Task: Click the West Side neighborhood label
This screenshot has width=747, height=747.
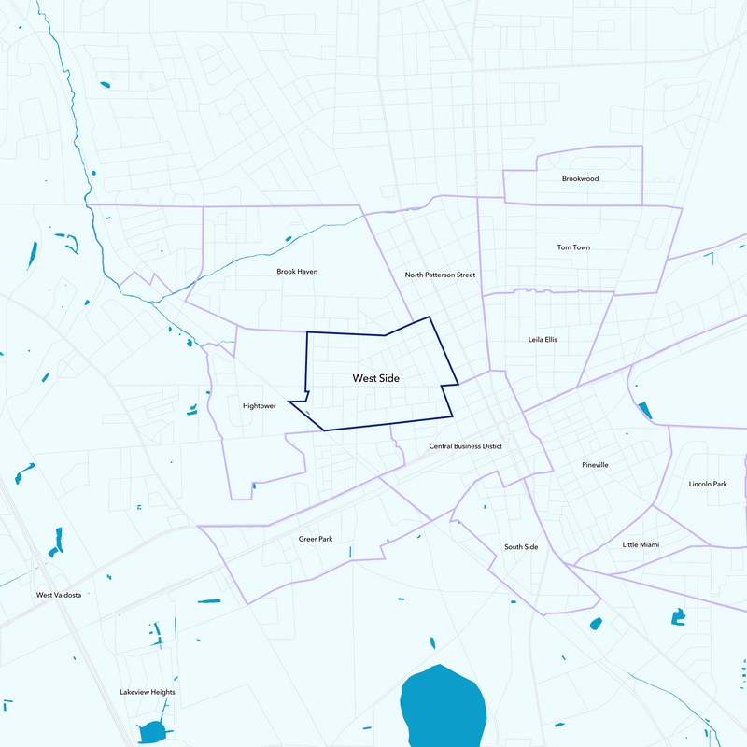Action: pos(376,378)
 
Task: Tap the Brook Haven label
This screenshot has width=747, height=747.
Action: pos(297,272)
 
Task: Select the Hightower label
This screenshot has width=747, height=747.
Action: pos(259,406)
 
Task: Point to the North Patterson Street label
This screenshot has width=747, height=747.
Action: pos(440,275)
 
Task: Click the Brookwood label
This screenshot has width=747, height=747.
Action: pos(580,178)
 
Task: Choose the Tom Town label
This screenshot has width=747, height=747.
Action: pos(573,247)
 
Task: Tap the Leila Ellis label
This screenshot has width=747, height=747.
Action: pos(543,339)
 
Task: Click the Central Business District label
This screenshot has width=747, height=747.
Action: pos(465,446)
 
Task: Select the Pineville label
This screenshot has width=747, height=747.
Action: pos(595,464)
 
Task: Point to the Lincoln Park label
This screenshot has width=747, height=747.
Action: pos(707,484)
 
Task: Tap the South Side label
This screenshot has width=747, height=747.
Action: pos(521,546)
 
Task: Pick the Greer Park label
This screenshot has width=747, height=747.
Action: pos(315,539)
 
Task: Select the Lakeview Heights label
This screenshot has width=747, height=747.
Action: pos(148,692)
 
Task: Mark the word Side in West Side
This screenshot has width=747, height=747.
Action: pos(389,378)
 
